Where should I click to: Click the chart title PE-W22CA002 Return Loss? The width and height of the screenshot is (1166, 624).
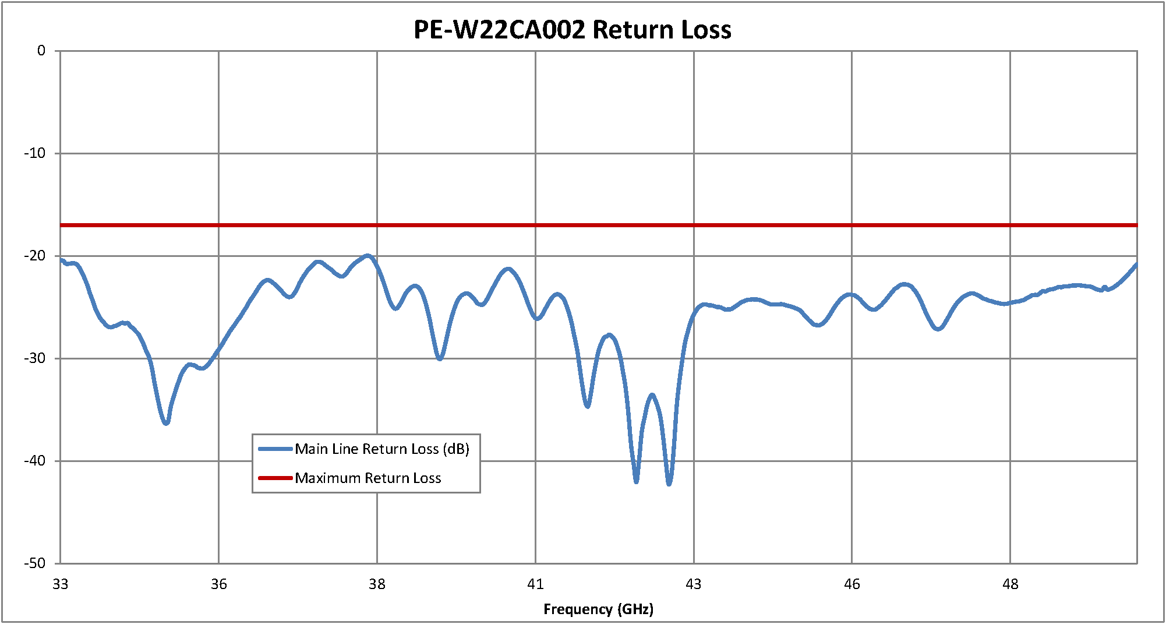coord(572,30)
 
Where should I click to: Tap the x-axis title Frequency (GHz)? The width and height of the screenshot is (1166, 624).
coord(598,609)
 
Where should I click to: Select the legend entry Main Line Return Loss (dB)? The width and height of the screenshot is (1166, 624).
coord(381,449)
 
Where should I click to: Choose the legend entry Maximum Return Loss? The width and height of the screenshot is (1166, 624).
coord(368,478)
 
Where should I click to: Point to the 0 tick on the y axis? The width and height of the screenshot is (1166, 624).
coord(41,51)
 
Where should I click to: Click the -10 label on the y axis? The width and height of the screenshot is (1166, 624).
coord(35,154)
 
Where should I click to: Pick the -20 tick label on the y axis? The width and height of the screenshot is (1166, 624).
coord(35,256)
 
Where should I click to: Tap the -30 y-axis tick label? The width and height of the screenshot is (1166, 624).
coord(35,358)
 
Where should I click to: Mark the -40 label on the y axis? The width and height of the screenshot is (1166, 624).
coord(35,461)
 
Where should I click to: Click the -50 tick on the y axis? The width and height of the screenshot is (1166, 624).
coord(35,563)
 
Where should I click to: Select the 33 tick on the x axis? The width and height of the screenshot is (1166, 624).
coord(61,584)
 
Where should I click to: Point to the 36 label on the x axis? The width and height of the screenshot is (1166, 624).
coord(219,584)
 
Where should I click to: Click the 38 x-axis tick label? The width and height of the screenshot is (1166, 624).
coord(377,584)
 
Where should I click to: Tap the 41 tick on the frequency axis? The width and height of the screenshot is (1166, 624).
coord(535,584)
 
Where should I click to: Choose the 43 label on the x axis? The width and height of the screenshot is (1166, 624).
coord(694,584)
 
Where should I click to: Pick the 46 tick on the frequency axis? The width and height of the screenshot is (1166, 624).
coord(852,584)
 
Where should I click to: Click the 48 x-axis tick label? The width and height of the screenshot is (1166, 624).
coord(1010,584)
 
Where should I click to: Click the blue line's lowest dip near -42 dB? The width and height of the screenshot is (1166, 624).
coord(669,484)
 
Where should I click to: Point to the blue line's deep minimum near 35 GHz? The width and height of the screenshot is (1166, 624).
coord(167,423)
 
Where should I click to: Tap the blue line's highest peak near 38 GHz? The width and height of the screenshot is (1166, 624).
coord(368,255)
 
